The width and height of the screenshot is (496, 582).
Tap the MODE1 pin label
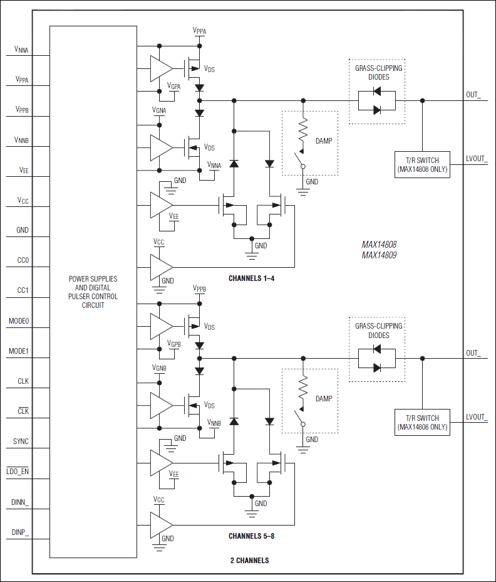tap(19, 351)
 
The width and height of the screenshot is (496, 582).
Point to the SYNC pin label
tap(21, 442)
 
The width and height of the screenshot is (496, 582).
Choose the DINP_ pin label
tap(20, 532)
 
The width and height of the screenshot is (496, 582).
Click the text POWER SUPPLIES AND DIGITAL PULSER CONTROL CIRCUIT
tap(93, 292)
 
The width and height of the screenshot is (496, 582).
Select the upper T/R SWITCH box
tap(422, 164)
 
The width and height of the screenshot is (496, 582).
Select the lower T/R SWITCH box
tap(422, 422)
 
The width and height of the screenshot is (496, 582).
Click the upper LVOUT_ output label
tap(477, 159)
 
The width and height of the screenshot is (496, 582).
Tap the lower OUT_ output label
tap(473, 353)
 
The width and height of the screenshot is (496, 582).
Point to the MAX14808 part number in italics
tap(379, 245)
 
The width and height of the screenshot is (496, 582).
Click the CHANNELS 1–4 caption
tap(251, 278)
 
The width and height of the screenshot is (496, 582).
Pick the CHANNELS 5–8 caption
tap(251, 536)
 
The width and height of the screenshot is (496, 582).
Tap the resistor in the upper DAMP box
tap(304, 130)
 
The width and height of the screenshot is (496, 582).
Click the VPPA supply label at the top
tap(199, 31)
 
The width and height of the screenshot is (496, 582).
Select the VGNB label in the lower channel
tap(159, 368)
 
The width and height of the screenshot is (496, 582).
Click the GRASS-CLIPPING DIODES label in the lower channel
tap(379, 331)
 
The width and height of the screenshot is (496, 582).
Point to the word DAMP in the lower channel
tap(324, 399)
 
